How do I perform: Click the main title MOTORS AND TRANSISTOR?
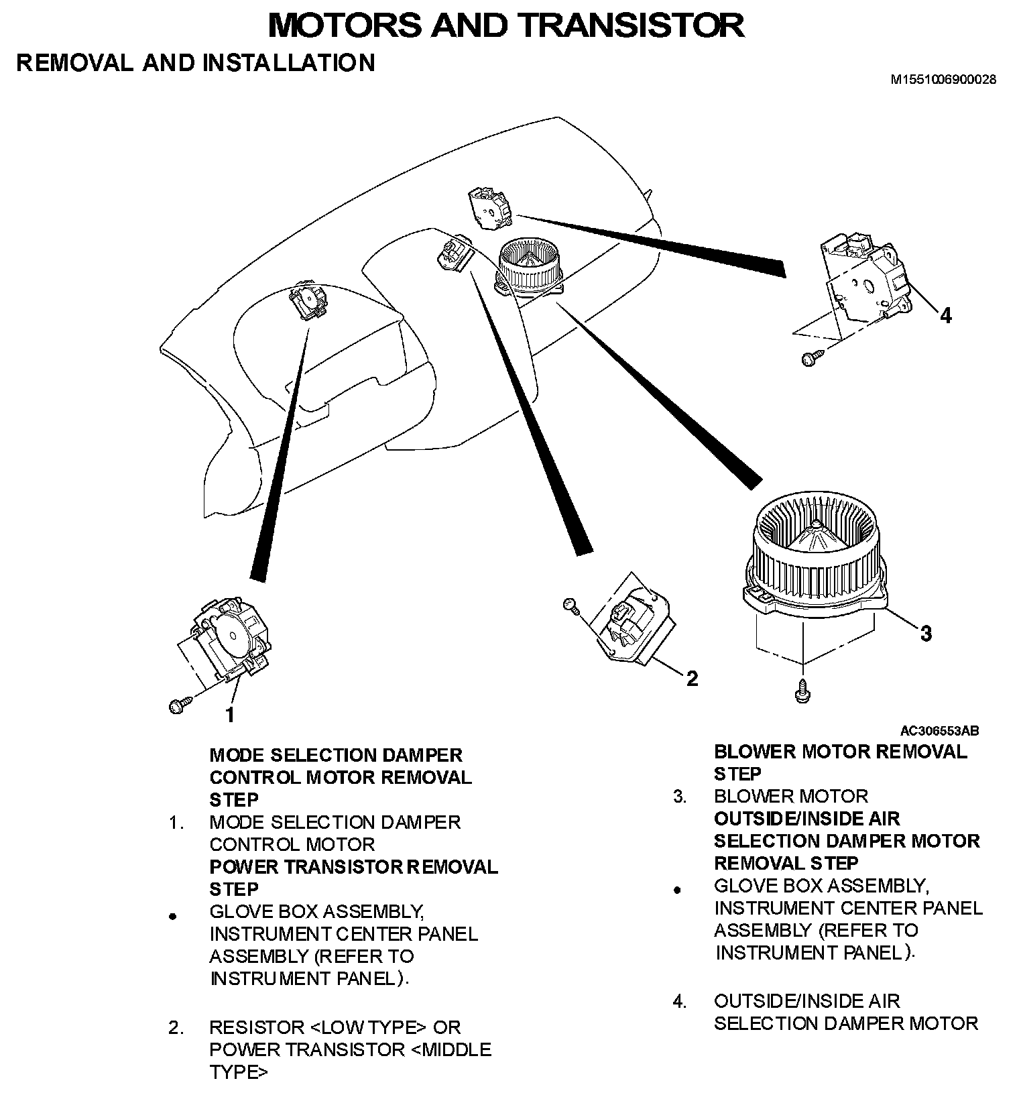point(505,25)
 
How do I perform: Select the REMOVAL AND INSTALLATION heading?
point(195,62)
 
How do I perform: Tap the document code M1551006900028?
point(943,79)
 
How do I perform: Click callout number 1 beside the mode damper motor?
point(230,715)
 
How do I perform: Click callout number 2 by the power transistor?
point(692,679)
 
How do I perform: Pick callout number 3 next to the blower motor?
point(926,633)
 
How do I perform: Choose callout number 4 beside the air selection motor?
point(945,315)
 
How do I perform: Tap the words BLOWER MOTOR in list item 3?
point(790,797)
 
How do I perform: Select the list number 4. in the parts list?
point(680,1002)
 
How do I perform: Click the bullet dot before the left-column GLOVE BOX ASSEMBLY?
point(173,915)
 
